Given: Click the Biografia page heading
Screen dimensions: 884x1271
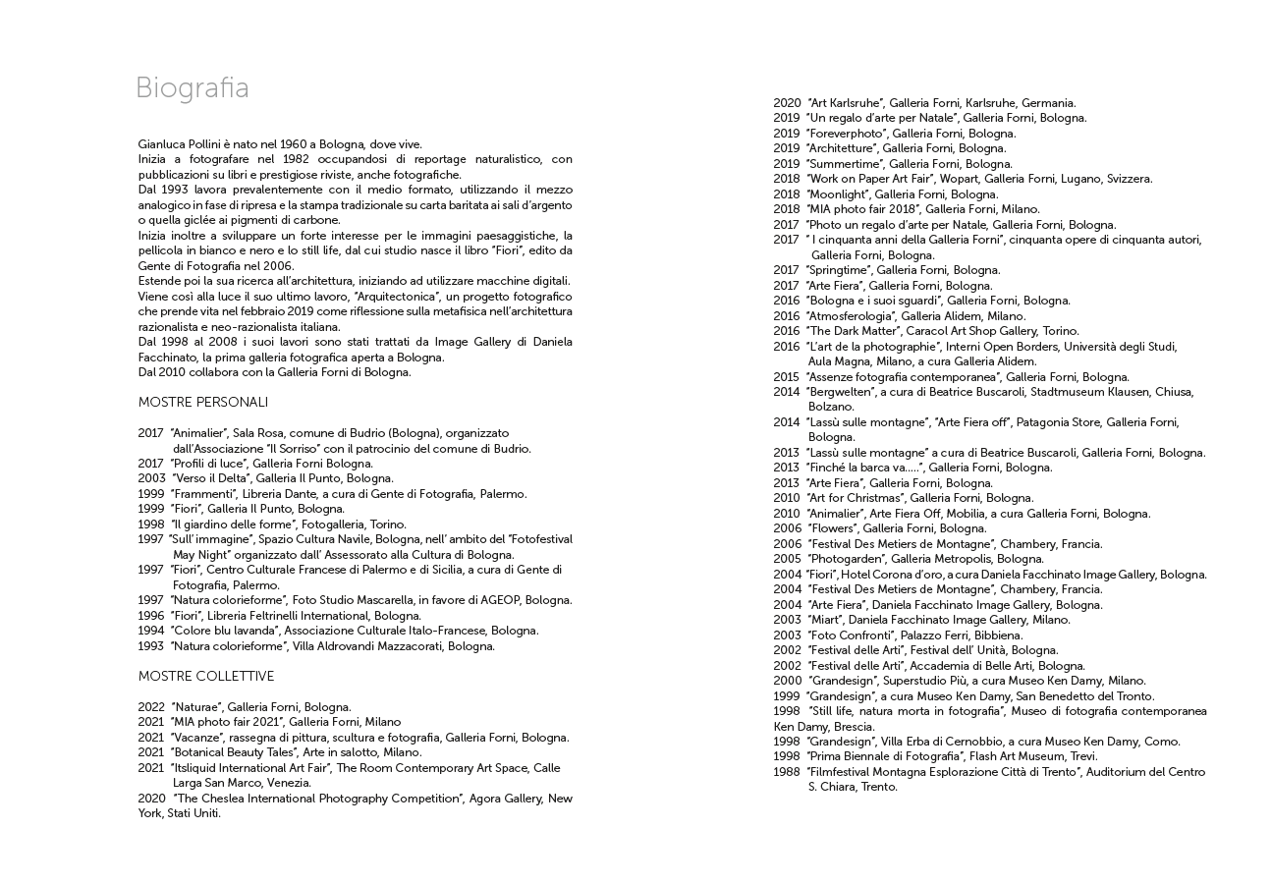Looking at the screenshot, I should pyautogui.click(x=193, y=88).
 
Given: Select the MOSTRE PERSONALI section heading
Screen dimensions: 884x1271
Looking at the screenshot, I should pyautogui.click(x=202, y=403).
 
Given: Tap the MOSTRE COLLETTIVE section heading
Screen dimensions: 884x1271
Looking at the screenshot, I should pyautogui.click(x=206, y=677).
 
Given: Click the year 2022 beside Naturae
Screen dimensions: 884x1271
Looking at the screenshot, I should pyautogui.click(x=151, y=707).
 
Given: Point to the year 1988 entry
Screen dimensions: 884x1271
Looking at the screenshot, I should pyautogui.click(x=786, y=772).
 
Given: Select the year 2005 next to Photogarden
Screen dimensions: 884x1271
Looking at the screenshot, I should pyautogui.click(x=787, y=559).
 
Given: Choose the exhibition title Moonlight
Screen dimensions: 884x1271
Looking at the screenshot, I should pyautogui.click(x=840, y=194).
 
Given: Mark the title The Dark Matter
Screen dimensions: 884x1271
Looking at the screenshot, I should pyautogui.click(x=845, y=331).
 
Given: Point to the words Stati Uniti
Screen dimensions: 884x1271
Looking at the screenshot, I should pyautogui.click(x=193, y=813).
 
